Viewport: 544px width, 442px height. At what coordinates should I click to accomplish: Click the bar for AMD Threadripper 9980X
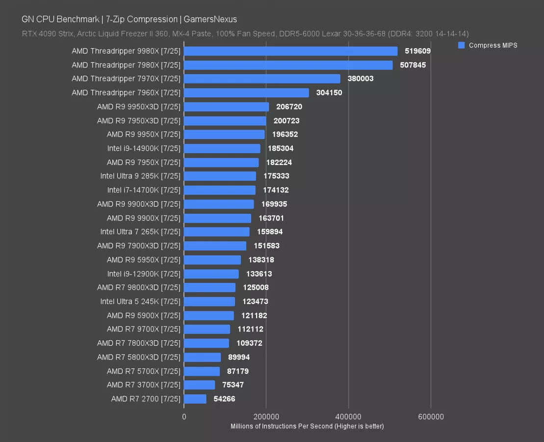[290, 51]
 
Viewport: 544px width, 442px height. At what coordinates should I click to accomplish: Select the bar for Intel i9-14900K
[222, 148]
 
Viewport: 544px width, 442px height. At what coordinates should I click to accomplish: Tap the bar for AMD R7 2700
[195, 399]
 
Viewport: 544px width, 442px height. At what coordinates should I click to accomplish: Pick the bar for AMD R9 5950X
[212, 260]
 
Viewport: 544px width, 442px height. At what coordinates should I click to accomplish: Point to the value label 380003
[361, 79]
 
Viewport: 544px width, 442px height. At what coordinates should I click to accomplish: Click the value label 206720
[289, 107]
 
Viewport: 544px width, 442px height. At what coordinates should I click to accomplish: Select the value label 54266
[225, 399]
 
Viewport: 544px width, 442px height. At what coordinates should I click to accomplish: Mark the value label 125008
[256, 287]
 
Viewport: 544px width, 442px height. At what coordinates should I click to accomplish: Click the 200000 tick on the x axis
[266, 417]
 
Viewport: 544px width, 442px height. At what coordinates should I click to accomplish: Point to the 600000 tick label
[431, 417]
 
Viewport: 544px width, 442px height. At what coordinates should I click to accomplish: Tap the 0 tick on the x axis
[184, 417]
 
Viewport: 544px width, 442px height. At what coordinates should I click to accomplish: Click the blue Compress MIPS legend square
[461, 45]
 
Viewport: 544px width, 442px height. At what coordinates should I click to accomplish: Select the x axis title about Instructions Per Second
[307, 426]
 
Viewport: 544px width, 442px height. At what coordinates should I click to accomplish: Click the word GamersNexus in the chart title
[210, 19]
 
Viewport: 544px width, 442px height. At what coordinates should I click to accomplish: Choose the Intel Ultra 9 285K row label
[140, 176]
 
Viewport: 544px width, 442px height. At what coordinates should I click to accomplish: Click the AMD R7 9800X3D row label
[139, 287]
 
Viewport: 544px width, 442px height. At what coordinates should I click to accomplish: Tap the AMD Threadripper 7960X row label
[126, 93]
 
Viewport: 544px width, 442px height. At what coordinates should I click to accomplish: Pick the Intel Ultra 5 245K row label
[140, 302]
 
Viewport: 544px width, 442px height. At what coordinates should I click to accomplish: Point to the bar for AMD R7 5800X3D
[203, 357]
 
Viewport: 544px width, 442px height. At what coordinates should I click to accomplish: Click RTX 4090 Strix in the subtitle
[48, 34]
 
